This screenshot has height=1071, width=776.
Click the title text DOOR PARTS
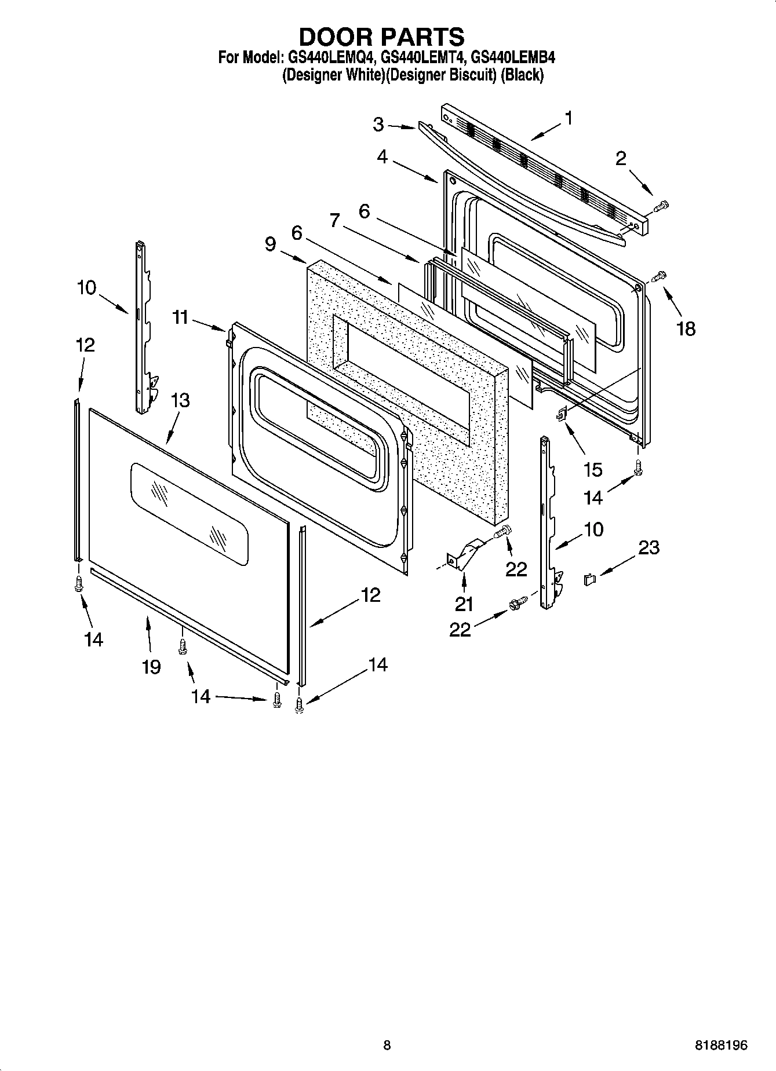point(381,36)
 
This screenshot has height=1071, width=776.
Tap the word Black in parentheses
point(522,75)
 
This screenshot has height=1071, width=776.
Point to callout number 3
point(378,125)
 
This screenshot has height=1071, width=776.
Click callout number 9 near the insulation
point(271,244)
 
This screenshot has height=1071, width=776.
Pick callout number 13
point(180,400)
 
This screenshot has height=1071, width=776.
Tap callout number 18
point(686,329)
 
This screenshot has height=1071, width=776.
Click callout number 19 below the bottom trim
point(151,667)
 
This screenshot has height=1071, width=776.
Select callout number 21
point(464,604)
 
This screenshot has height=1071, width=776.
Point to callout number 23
point(649,547)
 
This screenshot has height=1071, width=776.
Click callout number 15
point(593,469)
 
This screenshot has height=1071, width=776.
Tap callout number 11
point(180,317)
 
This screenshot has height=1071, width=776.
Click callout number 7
point(335,221)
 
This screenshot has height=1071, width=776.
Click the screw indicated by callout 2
point(661,205)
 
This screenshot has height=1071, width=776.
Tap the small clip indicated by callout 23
point(589,579)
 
